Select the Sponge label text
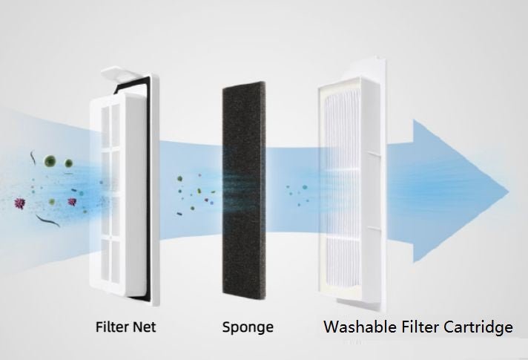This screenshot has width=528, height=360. [248, 327]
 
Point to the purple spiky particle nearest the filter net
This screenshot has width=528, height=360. [72, 201]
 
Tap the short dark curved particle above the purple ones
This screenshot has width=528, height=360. [34, 158]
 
